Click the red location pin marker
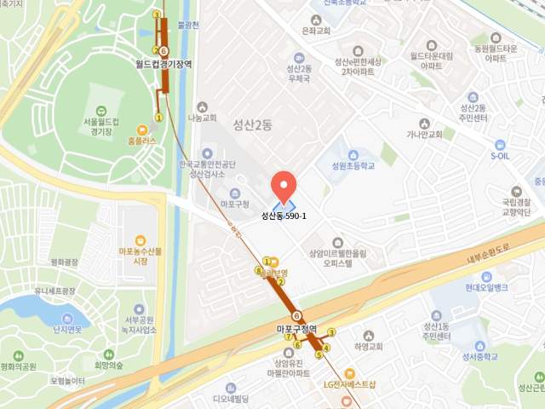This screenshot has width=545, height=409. coord(284,186)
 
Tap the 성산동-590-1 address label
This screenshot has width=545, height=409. coord(284,216)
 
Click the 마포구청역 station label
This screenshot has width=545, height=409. coord(296,329)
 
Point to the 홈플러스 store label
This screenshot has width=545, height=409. coord(141,141)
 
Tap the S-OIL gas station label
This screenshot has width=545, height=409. coord(500,156)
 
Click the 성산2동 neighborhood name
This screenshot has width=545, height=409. coord(253,124)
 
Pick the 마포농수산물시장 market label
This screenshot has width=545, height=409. coord(138,256)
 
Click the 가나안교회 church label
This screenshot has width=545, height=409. coord(424,134)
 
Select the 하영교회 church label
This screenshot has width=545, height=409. coord(368,347)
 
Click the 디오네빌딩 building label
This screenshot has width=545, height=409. coord(230,398)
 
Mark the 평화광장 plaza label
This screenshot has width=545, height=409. coord(64,262)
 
